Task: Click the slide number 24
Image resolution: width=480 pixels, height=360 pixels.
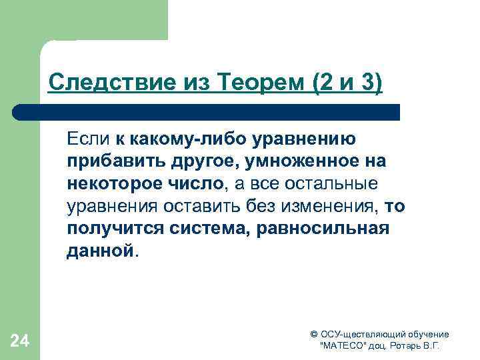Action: (20, 341)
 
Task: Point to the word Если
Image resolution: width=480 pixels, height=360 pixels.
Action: (87, 139)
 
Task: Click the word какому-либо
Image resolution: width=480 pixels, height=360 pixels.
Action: (174, 139)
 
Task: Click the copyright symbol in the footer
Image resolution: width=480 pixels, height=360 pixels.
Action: (314, 335)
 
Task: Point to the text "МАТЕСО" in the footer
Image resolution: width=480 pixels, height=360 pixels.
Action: (345, 347)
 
